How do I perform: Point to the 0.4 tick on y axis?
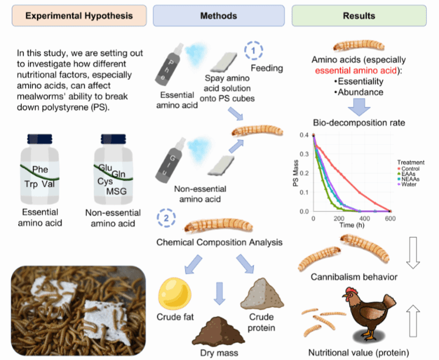pos(305,135)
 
